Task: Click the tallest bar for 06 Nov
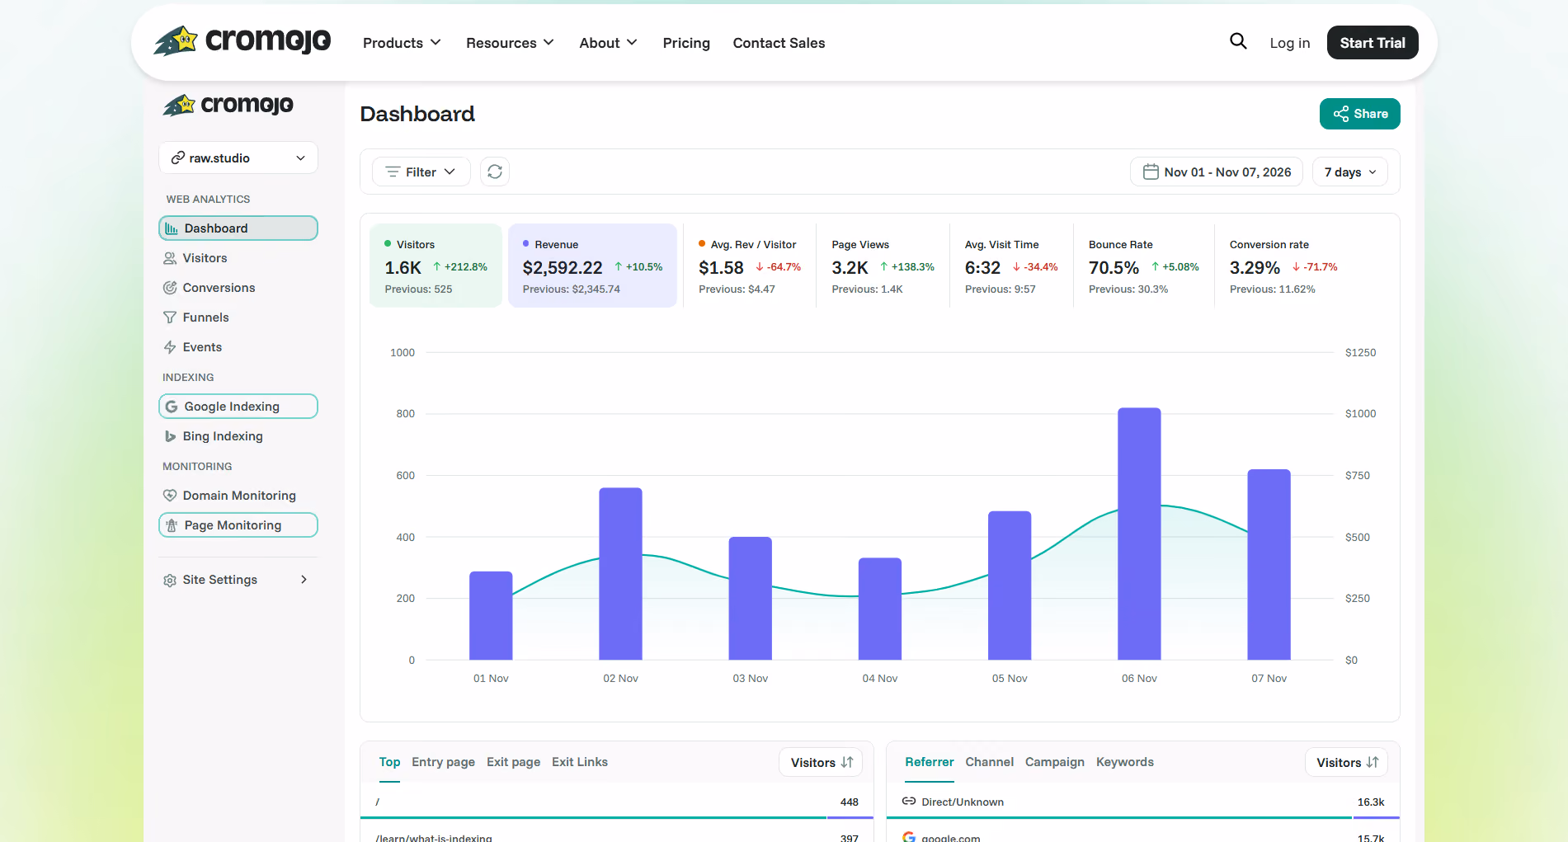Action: pyautogui.click(x=1139, y=534)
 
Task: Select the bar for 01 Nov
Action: pyautogui.click(x=491, y=615)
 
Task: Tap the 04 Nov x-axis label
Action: pyautogui.click(x=880, y=678)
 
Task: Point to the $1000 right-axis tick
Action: pyautogui.click(x=1360, y=413)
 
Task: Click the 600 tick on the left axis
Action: pyautogui.click(x=406, y=475)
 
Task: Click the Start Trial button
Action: pyautogui.click(x=1373, y=43)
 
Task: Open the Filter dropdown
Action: pyautogui.click(x=421, y=172)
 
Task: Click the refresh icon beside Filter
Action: pyautogui.click(x=495, y=172)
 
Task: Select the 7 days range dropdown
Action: pyautogui.click(x=1350, y=172)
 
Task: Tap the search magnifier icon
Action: pyautogui.click(x=1238, y=41)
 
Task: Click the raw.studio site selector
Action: pyautogui.click(x=238, y=158)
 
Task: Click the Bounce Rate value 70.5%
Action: pyautogui.click(x=1114, y=268)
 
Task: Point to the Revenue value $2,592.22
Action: pyautogui.click(x=563, y=268)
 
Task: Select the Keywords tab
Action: pyautogui.click(x=1125, y=762)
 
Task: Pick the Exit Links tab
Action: pyautogui.click(x=580, y=762)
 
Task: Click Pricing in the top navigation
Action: pyautogui.click(x=686, y=43)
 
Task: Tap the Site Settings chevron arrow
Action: pyautogui.click(x=304, y=580)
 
